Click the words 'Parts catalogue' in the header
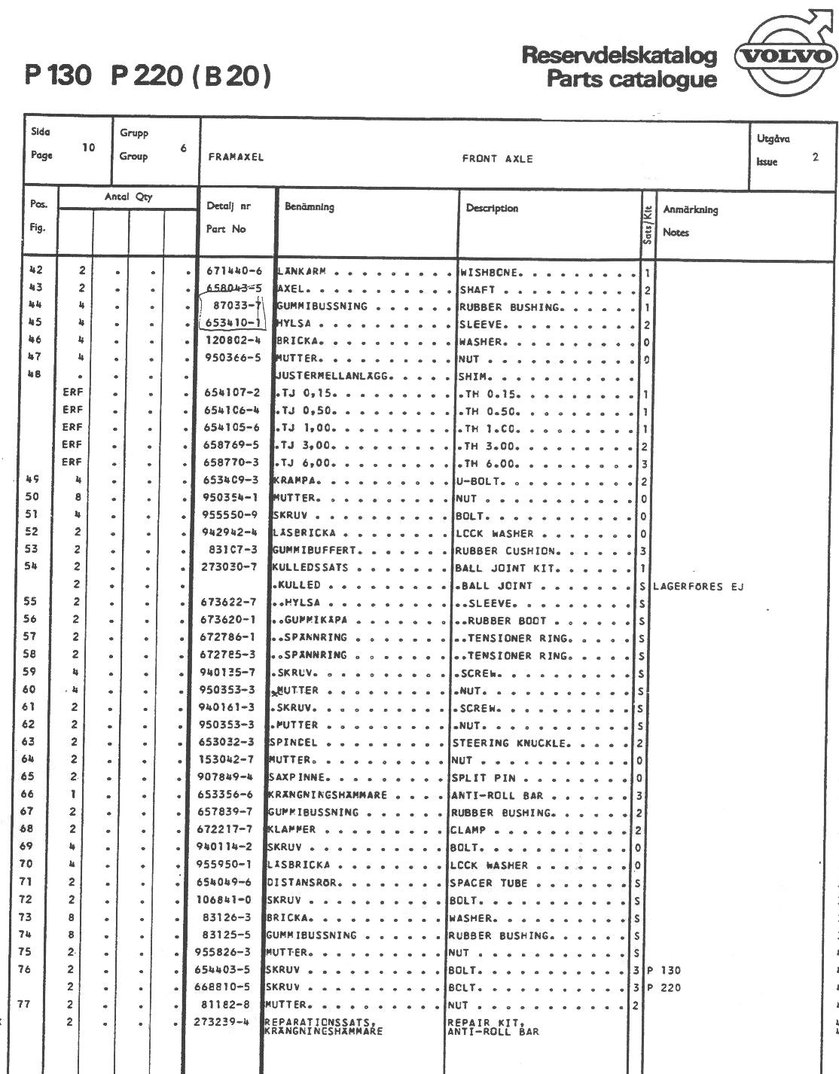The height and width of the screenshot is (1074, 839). pyautogui.click(x=631, y=79)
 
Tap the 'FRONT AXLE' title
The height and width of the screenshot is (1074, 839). pyautogui.click(x=497, y=159)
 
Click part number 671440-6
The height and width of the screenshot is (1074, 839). pyautogui.click(x=232, y=272)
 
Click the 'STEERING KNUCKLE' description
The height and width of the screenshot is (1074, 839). pyautogui.click(x=510, y=743)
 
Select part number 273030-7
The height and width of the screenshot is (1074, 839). pyautogui.click(x=230, y=567)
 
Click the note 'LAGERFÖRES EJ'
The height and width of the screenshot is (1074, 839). pyautogui.click(x=697, y=586)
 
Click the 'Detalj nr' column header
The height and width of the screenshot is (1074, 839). pyautogui.click(x=229, y=206)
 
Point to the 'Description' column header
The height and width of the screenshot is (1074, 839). pyautogui.click(x=492, y=209)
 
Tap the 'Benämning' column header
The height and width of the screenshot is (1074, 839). pyautogui.click(x=310, y=207)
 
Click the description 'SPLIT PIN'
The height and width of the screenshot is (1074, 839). pyautogui.click(x=483, y=777)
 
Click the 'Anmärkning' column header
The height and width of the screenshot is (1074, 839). pyautogui.click(x=690, y=210)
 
